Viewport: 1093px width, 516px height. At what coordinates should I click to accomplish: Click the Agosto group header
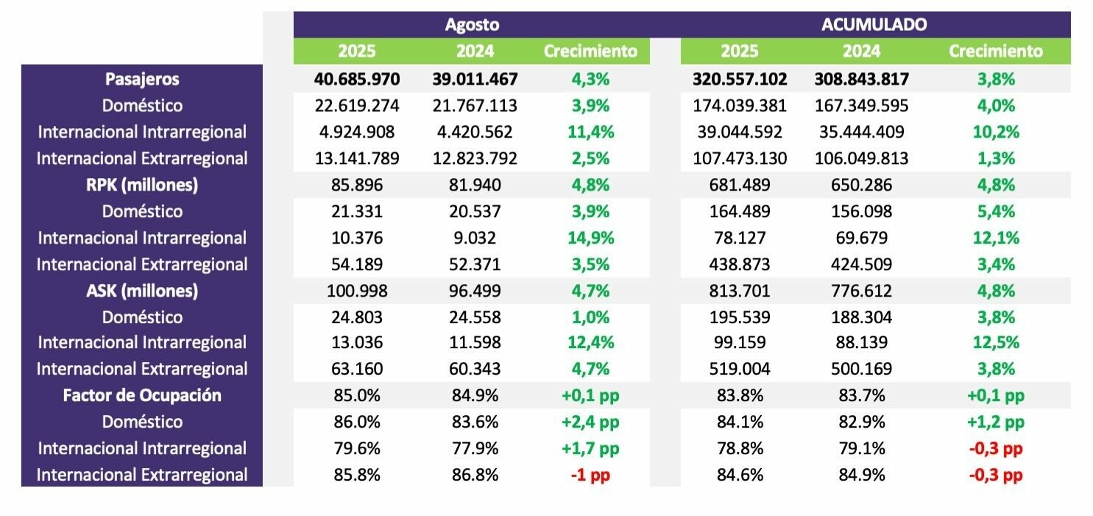(472, 24)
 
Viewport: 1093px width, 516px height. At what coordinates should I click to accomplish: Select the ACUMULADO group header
(874, 24)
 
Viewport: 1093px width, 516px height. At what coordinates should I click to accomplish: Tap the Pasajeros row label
(142, 79)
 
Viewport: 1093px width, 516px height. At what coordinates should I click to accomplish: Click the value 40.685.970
(356, 79)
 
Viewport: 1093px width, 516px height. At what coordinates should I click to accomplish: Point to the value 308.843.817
(861, 79)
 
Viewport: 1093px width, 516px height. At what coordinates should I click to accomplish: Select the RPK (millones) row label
(142, 185)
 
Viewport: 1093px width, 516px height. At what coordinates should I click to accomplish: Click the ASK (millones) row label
(142, 291)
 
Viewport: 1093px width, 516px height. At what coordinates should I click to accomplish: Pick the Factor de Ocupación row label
(142, 395)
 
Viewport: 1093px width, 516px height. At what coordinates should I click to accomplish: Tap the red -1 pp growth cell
(590, 475)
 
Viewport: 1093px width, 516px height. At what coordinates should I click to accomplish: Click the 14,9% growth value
(590, 238)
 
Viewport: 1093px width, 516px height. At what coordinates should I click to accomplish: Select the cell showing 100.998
(356, 291)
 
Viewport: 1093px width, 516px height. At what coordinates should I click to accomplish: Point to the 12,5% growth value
(996, 342)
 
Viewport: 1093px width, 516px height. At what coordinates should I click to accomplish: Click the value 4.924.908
(356, 132)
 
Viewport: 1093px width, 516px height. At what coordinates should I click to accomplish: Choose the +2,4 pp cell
(590, 422)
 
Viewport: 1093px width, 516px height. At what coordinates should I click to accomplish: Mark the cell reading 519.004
(740, 369)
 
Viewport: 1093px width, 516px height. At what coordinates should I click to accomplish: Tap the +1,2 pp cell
(996, 422)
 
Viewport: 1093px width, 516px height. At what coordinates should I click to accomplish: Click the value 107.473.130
(740, 158)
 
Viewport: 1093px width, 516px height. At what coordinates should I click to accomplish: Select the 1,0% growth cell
(590, 317)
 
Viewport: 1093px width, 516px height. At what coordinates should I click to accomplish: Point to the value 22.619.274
(356, 105)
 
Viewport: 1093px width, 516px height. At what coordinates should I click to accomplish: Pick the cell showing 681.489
(740, 185)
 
